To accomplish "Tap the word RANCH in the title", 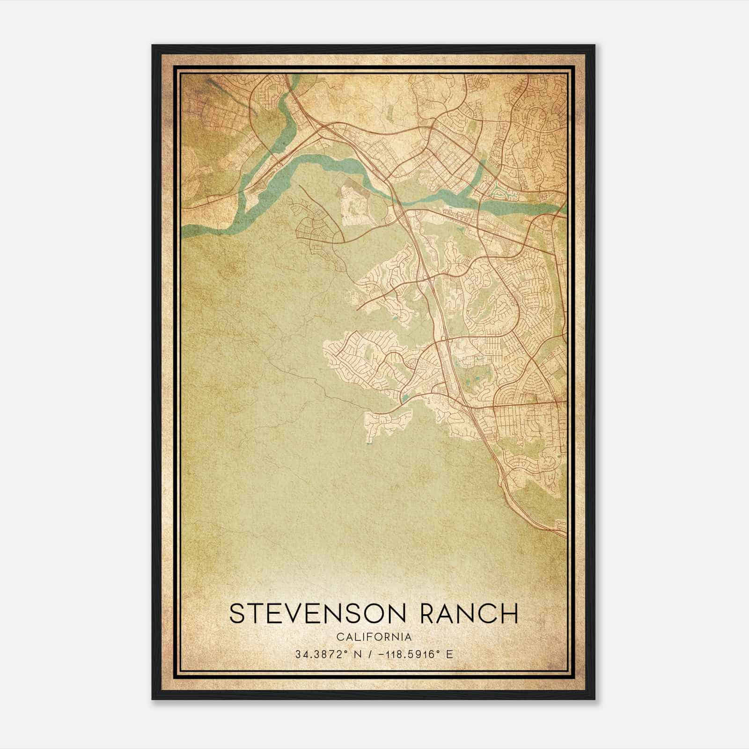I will point(469,613).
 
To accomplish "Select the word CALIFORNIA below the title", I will point(374,637).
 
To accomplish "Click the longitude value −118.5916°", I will point(408,654).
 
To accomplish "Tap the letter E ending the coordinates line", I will point(449,654).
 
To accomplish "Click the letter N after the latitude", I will point(358,654).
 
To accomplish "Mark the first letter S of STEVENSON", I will point(237,613).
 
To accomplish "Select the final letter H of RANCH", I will point(509,613).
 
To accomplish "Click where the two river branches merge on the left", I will point(244,187).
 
